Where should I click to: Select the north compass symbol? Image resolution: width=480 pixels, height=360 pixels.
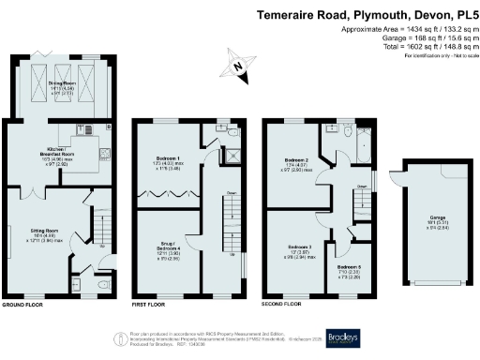point(238,67)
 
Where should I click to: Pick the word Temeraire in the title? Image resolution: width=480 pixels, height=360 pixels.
point(288,15)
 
